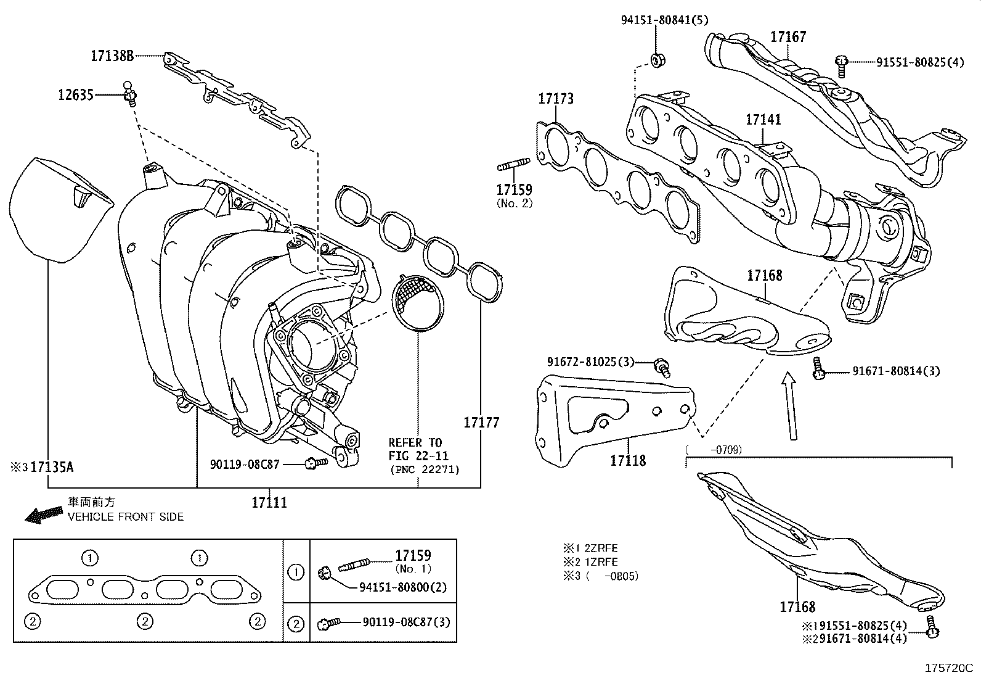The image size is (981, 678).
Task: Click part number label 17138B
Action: coord(112,56)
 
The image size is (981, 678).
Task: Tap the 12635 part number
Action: coord(76,95)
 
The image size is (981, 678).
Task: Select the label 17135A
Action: coord(52,467)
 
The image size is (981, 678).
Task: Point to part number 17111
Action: coord(269,503)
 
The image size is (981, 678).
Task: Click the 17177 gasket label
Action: coord(481,423)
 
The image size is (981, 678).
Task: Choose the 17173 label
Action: coord(555,99)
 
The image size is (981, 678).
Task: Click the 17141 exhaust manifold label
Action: coord(763,119)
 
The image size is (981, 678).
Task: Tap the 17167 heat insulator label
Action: coord(788,37)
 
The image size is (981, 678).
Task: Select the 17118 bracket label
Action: coord(628,460)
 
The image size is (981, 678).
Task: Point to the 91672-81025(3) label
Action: coord(590,362)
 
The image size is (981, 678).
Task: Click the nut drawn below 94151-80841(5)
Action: coord(656,60)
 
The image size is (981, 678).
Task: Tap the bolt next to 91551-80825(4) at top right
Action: coord(842,64)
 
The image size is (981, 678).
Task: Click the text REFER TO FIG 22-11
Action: coord(415,449)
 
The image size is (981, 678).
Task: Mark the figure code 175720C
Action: coord(948,668)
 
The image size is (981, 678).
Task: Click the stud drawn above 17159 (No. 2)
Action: coord(513,165)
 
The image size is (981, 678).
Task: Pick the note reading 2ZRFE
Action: coord(600,548)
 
